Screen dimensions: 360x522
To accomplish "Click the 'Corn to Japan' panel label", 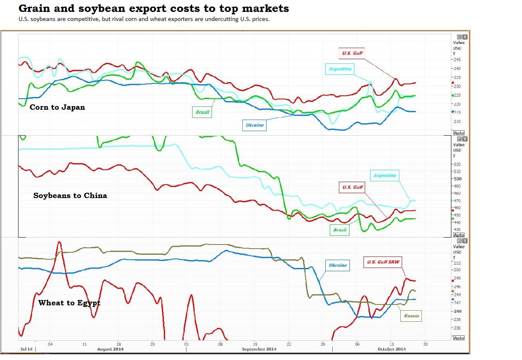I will pyautogui.click(x=57, y=107).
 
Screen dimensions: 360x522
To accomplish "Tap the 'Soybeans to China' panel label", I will pyautogui.click(x=70, y=196).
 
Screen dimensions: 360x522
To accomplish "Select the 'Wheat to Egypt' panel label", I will pyautogui.click(x=69, y=303).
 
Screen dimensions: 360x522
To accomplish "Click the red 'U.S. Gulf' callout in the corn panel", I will pyautogui.click(x=352, y=53).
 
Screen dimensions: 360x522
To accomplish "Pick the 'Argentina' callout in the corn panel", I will pyautogui.click(x=340, y=69).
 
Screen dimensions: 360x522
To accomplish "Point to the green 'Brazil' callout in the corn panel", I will pyautogui.click(x=202, y=112).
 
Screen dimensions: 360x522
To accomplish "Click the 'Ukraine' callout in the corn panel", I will pyautogui.click(x=254, y=125).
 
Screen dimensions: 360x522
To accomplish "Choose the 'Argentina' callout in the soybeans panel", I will pyautogui.click(x=385, y=175).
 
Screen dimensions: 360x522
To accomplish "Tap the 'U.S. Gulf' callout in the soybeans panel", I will pyautogui.click(x=352, y=187).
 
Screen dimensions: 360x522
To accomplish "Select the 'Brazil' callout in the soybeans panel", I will pyautogui.click(x=340, y=230).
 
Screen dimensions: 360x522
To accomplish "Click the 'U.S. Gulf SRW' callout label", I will pyautogui.click(x=383, y=262).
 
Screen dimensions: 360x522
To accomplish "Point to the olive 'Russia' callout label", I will pyautogui.click(x=411, y=316).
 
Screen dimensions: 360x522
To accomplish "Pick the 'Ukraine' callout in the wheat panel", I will pyautogui.click(x=338, y=265).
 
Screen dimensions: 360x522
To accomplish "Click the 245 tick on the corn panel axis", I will pyautogui.click(x=457, y=60).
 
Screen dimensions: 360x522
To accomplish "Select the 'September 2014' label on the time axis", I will pyautogui.click(x=259, y=349).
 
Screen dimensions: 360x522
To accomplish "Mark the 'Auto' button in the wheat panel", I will pyautogui.click(x=459, y=338).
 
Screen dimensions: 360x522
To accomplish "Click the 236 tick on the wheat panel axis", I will pyautogui.click(x=457, y=328).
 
